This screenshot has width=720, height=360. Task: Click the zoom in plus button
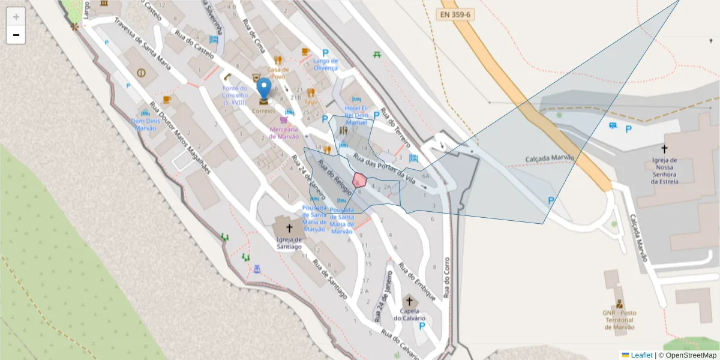point(16,17)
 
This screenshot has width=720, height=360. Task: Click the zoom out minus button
point(16,35)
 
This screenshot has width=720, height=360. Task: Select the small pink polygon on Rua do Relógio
point(359,180)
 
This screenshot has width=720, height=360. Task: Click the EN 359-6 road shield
point(455,12)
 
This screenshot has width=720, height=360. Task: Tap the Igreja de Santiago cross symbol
point(289,228)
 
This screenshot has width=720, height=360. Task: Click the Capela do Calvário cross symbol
point(410,301)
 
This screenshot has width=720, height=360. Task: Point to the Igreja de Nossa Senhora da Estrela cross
point(664,148)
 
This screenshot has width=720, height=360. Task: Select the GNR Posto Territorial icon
point(619,304)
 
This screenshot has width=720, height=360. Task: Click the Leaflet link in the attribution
point(641,355)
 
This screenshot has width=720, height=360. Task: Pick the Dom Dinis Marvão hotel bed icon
point(145,112)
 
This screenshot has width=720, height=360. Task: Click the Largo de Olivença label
point(325,64)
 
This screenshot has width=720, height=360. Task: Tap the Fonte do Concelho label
point(235,95)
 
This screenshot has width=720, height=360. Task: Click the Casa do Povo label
point(278,73)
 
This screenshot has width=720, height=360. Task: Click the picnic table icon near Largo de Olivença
point(377,55)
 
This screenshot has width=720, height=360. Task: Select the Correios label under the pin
point(264,111)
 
